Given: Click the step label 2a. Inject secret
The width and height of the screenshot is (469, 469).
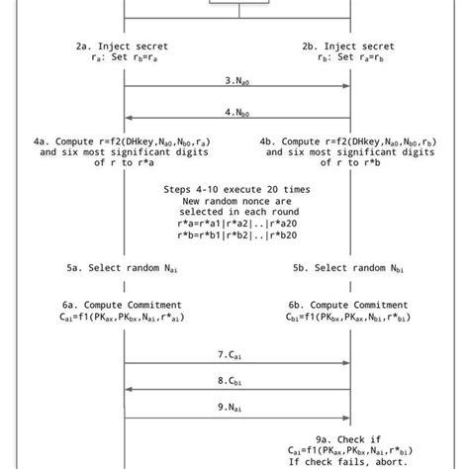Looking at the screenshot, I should click(x=122, y=46).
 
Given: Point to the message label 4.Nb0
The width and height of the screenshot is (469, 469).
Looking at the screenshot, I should click(x=236, y=112).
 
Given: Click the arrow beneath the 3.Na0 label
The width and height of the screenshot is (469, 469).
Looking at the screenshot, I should click(x=236, y=87).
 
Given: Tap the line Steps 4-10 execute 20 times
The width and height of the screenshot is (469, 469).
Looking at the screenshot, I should click(x=236, y=189).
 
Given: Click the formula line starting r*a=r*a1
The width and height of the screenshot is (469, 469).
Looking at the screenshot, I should click(x=236, y=224).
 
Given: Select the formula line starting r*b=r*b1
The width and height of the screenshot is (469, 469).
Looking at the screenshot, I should click(x=236, y=236).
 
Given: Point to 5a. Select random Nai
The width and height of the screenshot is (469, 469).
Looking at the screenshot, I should click(x=123, y=268).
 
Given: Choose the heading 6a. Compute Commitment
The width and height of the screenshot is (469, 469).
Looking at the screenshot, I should click(x=123, y=305).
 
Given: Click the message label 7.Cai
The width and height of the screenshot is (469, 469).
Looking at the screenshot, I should click(x=236, y=353).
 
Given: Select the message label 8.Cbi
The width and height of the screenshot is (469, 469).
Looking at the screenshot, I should click(x=236, y=379).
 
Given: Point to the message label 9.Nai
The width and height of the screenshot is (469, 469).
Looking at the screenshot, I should click(x=236, y=406).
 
